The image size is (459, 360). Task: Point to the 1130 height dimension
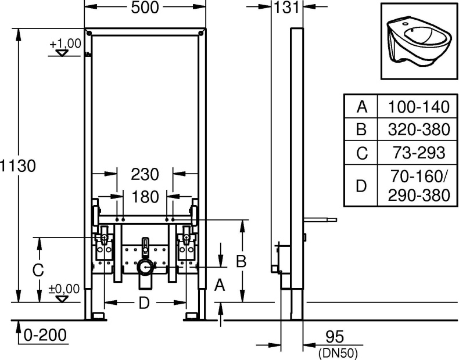(x=19, y=165)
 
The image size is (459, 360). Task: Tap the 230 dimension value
(x=144, y=174)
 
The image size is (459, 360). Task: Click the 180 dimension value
(x=144, y=196)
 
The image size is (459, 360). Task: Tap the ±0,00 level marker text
(x=63, y=289)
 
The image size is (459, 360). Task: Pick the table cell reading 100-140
(x=414, y=107)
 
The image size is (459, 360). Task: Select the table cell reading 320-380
(x=414, y=129)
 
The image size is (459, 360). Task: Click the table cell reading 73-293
(x=414, y=153)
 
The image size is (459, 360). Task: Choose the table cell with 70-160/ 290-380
(x=414, y=186)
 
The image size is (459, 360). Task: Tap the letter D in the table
(x=361, y=186)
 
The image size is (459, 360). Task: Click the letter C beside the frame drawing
(x=38, y=270)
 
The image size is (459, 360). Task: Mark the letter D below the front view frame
(x=145, y=303)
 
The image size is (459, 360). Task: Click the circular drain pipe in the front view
(x=145, y=268)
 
